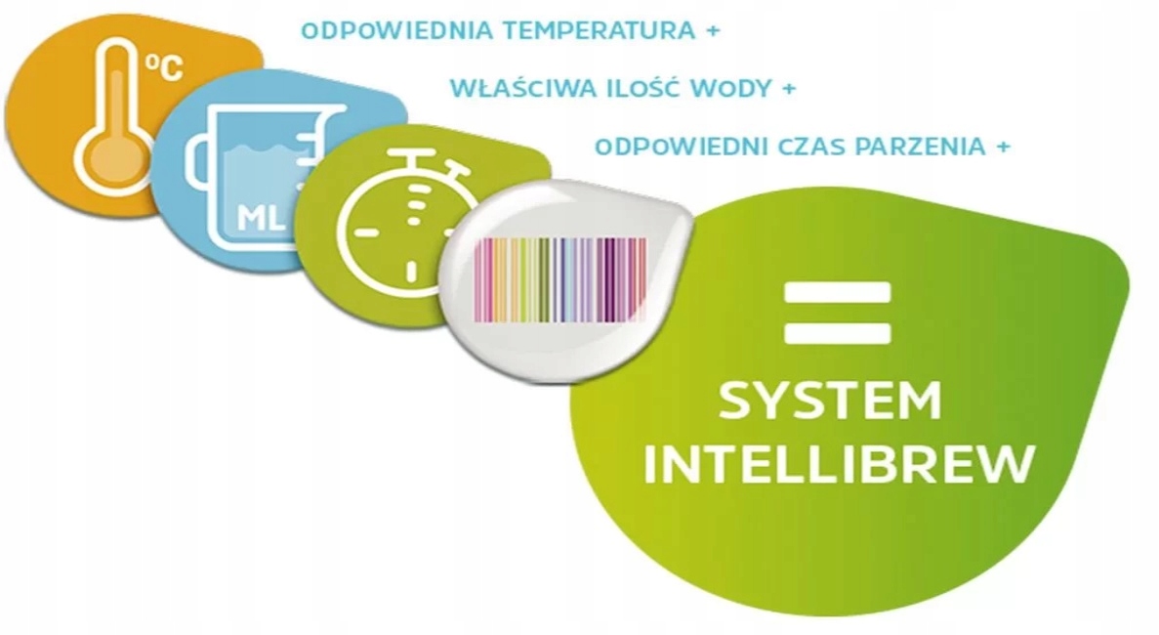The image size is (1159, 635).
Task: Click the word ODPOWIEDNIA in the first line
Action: (x=397, y=31)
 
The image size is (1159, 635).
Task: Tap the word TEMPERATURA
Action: (x=599, y=31)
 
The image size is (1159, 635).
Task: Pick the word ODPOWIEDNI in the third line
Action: (x=680, y=147)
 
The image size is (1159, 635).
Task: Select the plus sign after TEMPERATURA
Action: (x=713, y=32)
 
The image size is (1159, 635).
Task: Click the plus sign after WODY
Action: (x=789, y=89)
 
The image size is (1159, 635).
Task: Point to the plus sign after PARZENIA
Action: (x=1003, y=148)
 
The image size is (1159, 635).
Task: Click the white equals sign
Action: (x=838, y=313)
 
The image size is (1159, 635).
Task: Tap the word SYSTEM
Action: (x=830, y=400)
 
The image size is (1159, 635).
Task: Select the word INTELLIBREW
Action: (x=839, y=463)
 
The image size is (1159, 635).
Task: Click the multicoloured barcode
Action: (x=560, y=280)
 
